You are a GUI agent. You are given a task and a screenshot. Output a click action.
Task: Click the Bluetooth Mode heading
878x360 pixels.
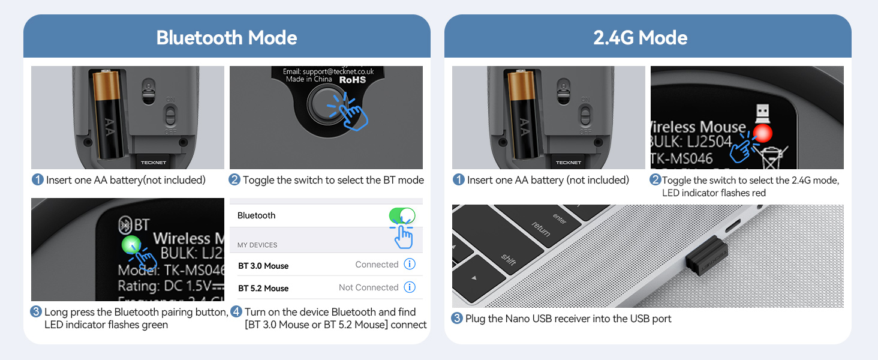227,38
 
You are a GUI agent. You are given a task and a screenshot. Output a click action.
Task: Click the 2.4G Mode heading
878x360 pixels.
641,38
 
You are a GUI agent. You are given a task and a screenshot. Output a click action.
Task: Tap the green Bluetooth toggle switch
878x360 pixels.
402,215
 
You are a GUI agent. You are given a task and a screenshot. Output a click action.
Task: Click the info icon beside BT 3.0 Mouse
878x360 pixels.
410,264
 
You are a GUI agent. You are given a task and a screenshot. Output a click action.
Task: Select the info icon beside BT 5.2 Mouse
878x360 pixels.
410,287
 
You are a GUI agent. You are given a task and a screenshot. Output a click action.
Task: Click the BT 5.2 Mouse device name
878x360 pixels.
263,288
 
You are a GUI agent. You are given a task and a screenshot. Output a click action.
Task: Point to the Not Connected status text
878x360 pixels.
368,287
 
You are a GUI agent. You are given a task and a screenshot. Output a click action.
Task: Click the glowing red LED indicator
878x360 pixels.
762,133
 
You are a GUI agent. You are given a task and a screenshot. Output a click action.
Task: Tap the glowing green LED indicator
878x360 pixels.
131,244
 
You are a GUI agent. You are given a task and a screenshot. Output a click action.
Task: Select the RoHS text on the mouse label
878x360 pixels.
353,79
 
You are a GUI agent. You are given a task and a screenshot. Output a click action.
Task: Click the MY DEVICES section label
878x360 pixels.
257,245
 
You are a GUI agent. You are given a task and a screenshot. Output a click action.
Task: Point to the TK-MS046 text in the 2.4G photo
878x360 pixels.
682,158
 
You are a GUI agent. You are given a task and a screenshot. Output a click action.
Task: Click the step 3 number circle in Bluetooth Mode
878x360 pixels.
36,312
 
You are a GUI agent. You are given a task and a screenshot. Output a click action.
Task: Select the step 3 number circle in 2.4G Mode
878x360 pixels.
457,319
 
